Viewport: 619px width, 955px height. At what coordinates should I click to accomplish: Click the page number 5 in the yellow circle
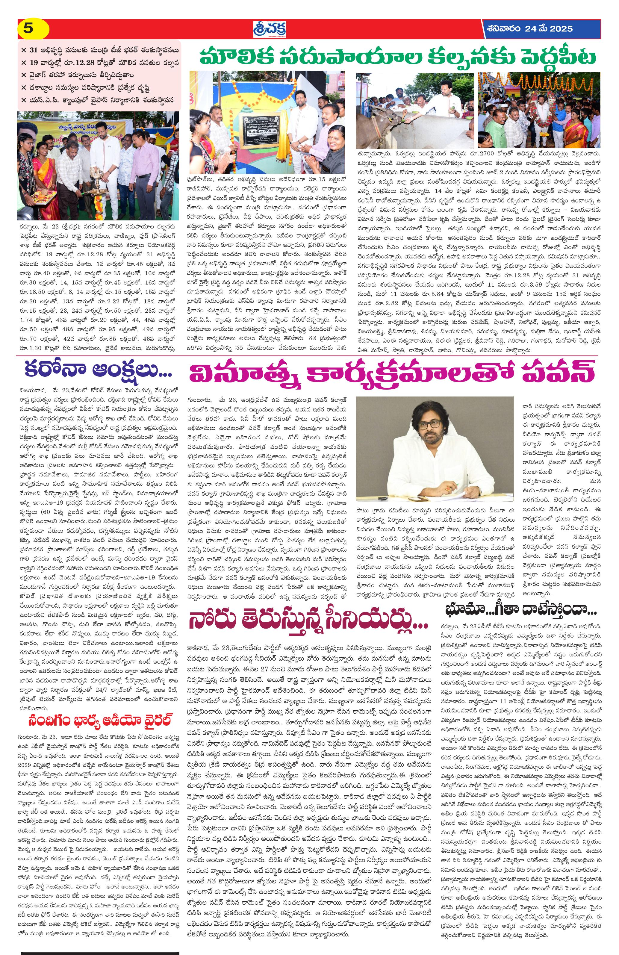click(x=28, y=28)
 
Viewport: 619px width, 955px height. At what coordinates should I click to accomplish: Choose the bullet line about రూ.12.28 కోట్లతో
click(x=100, y=63)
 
